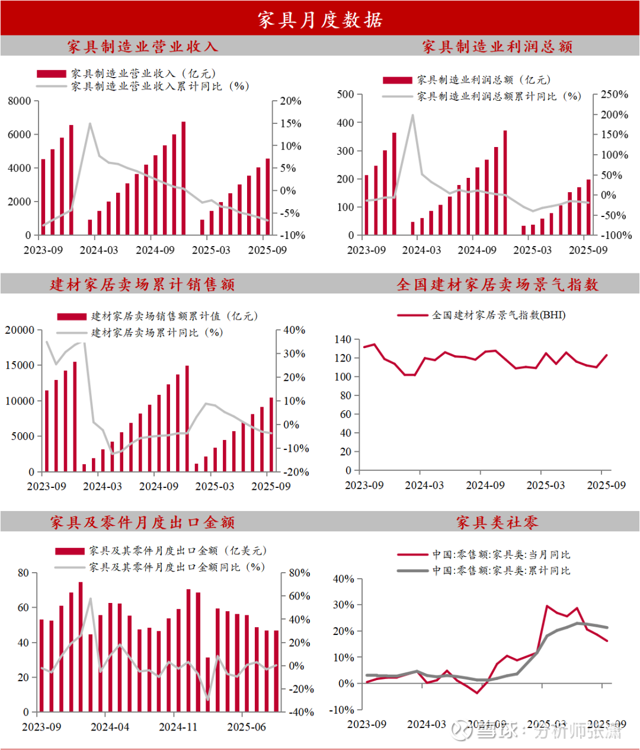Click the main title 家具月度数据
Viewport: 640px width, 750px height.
pyautogui.click(x=320, y=20)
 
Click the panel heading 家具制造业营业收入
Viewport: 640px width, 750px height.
pyautogui.click(x=142, y=46)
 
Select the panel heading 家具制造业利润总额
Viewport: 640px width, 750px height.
pyautogui.click(x=497, y=47)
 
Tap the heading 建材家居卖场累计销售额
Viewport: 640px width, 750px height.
pyautogui.click(x=142, y=285)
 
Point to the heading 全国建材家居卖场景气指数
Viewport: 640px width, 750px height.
pyautogui.click(x=497, y=285)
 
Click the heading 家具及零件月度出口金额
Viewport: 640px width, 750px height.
pyautogui.click(x=142, y=522)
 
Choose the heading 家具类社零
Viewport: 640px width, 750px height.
pyautogui.click(x=497, y=522)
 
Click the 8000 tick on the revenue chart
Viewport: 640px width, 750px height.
pyautogui.click(x=20, y=101)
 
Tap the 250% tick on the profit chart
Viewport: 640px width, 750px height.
pyautogui.click(x=614, y=95)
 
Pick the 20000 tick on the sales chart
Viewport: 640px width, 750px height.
pyautogui.click(x=20, y=330)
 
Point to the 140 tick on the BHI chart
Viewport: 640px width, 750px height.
pyautogui.click(x=343, y=340)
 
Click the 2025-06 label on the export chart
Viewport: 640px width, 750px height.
pyautogui.click(x=247, y=727)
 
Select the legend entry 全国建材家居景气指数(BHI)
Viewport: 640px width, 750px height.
pyautogui.click(x=498, y=315)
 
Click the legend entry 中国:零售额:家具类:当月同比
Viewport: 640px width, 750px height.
pyautogui.click(x=501, y=555)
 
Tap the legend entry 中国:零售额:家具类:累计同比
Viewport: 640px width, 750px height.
pyautogui.click(x=501, y=571)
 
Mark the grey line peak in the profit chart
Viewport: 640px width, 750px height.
pyautogui.click(x=412, y=115)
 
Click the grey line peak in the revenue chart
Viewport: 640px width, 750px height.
pyautogui.click(x=90, y=123)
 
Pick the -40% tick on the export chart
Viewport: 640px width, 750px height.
pyautogui.click(x=301, y=712)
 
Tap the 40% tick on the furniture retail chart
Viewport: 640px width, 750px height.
pyautogui.click(x=343, y=579)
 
